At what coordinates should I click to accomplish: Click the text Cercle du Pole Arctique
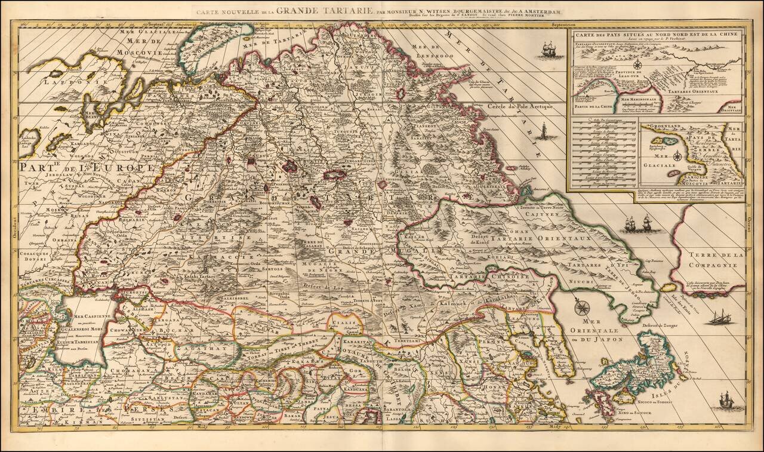(x=520, y=106)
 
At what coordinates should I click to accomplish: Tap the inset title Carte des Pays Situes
(x=655, y=35)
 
